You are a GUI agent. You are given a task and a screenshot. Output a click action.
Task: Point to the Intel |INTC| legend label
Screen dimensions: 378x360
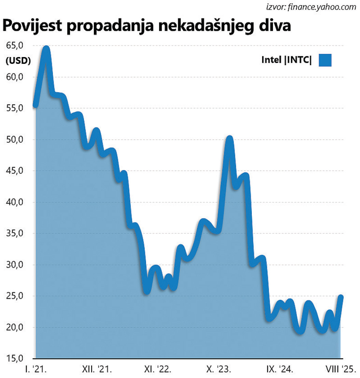287,60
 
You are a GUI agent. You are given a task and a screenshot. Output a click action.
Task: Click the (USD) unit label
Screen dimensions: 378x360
18,61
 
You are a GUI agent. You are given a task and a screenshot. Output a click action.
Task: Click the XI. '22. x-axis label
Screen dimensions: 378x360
158,369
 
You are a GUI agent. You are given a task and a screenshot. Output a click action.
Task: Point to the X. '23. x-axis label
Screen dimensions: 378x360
218,369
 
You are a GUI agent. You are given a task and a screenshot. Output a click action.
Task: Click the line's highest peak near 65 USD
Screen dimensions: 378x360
46,48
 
